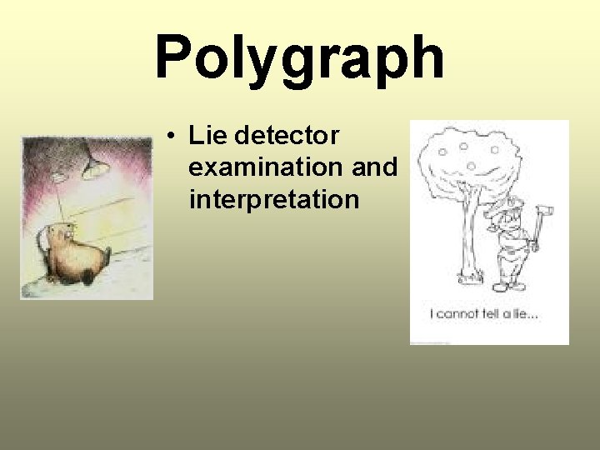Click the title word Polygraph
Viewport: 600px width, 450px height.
(x=299, y=58)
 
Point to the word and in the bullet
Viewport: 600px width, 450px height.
(x=375, y=167)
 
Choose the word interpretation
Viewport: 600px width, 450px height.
(x=273, y=200)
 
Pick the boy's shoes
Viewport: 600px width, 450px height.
(x=508, y=286)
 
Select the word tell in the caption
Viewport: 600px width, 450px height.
(x=496, y=314)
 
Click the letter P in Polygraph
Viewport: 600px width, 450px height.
(x=176, y=58)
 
